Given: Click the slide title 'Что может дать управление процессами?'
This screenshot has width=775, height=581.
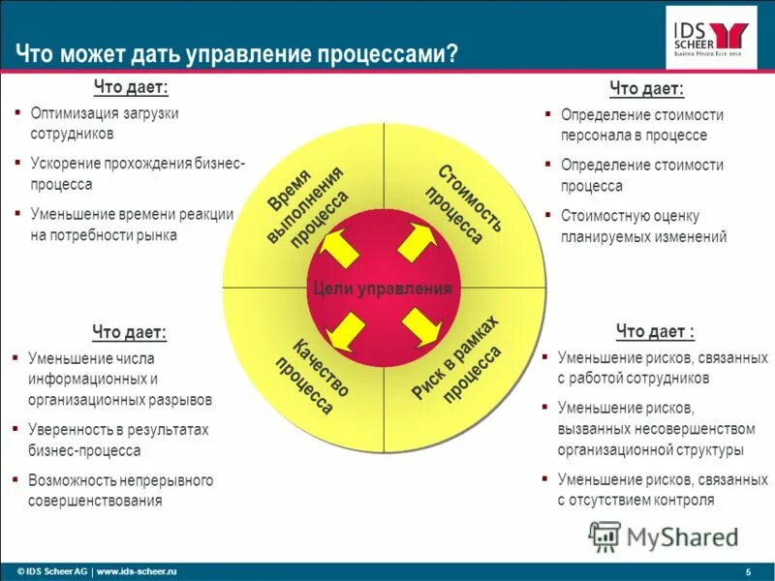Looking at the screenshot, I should pyautogui.click(x=236, y=53).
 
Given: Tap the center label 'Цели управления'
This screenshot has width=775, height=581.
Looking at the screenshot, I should pyautogui.click(x=383, y=289).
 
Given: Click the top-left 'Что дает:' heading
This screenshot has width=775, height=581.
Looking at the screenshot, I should pyautogui.click(x=131, y=88).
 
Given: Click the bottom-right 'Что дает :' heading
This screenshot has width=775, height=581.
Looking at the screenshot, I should pyautogui.click(x=655, y=332).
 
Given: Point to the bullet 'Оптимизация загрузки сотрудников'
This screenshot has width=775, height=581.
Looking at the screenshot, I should pyautogui.click(x=104, y=123).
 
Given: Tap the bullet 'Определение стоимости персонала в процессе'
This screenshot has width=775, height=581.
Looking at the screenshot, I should pyautogui.click(x=641, y=125).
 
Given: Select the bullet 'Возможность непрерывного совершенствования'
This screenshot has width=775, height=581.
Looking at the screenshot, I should pyautogui.click(x=120, y=490).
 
